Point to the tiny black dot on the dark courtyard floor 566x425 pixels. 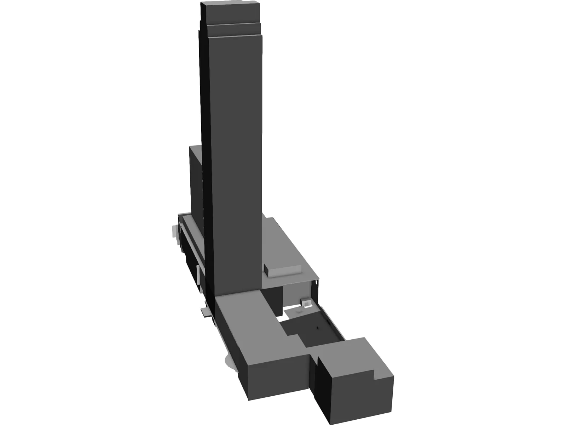(317, 328)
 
